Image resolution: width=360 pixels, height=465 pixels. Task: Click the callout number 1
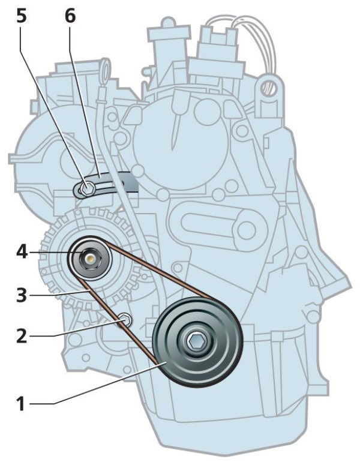pyautogui.click(x=20, y=403)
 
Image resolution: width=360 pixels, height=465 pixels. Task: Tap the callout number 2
pyautogui.click(x=20, y=335)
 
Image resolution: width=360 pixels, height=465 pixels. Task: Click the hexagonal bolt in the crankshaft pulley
pyautogui.click(x=196, y=342)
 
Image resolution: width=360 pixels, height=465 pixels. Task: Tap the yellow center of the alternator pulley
pyautogui.click(x=89, y=259)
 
